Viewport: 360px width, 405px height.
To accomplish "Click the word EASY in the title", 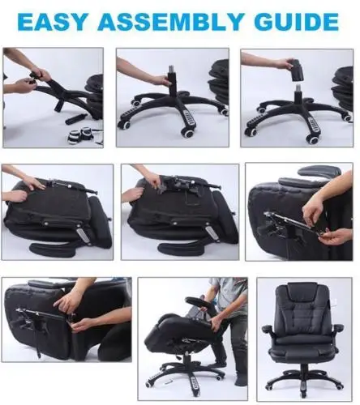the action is (x=53, y=21).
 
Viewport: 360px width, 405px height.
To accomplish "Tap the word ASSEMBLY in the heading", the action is (x=169, y=21).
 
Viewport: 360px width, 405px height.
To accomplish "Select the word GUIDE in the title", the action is (x=297, y=21).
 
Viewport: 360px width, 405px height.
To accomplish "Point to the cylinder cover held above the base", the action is (x=297, y=70).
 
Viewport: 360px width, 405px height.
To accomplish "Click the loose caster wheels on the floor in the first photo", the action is (x=80, y=135).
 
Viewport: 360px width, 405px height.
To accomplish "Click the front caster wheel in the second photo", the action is (x=187, y=132).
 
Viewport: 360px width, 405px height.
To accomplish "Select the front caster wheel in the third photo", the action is (x=313, y=139).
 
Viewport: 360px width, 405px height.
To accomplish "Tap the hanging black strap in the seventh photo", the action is (x=39, y=343).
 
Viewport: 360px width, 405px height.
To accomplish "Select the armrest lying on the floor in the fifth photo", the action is (x=180, y=248).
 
